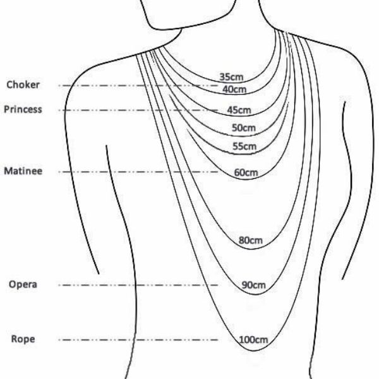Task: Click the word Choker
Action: [x=23, y=85]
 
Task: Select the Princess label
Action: [x=23, y=109]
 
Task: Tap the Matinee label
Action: [x=23, y=171]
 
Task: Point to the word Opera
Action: [x=23, y=284]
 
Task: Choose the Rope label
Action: [x=23, y=339]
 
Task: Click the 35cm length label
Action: [x=231, y=77]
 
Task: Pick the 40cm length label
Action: [x=234, y=89]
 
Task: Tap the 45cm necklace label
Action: [x=239, y=110]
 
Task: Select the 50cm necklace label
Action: [x=243, y=128]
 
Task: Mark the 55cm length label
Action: [x=244, y=147]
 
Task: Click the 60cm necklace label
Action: [x=246, y=172]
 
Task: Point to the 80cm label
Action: [x=250, y=240]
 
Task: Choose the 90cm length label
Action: [x=253, y=285]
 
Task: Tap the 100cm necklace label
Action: [x=254, y=340]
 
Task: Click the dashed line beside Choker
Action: [x=126, y=85]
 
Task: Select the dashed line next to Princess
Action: [x=126, y=111]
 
